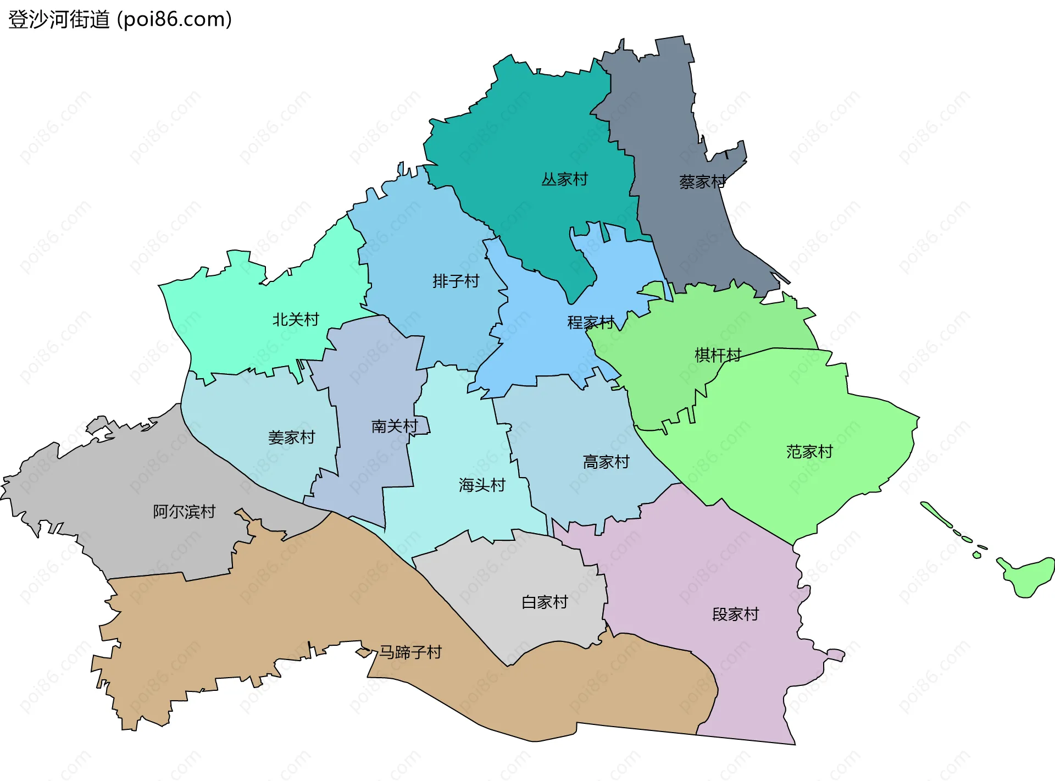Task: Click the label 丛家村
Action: [x=564, y=179]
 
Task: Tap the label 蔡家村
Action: [x=702, y=182]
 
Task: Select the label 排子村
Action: [x=456, y=281]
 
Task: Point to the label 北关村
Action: [x=296, y=319]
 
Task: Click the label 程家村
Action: [x=590, y=323]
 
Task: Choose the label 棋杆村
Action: [x=718, y=355]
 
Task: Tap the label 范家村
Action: [x=809, y=452]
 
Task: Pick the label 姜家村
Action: [x=291, y=437]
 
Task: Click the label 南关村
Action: [x=395, y=426]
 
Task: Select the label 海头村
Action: [x=482, y=485]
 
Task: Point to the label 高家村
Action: [x=606, y=462]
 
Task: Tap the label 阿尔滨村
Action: [x=184, y=512]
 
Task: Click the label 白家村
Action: [x=544, y=602]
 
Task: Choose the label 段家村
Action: [x=735, y=614]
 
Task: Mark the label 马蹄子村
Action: [x=410, y=652]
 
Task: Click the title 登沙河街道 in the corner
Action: [x=59, y=19]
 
